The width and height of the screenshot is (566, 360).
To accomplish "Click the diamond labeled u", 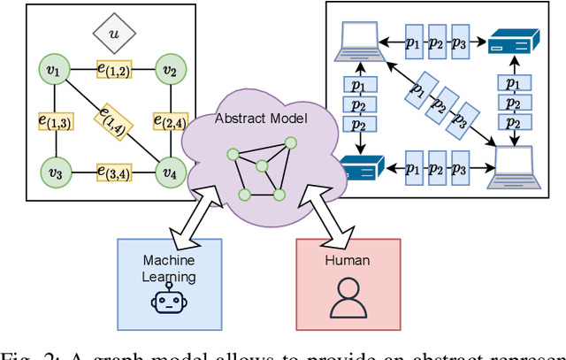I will [111, 34].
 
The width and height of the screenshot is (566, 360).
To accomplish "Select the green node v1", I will [52, 68].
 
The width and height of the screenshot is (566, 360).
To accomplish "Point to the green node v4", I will [168, 171].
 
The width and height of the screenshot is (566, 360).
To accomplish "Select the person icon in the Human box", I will [348, 300].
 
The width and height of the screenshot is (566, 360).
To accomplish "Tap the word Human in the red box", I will [348, 261].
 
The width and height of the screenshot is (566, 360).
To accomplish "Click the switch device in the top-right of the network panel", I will [510, 42].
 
